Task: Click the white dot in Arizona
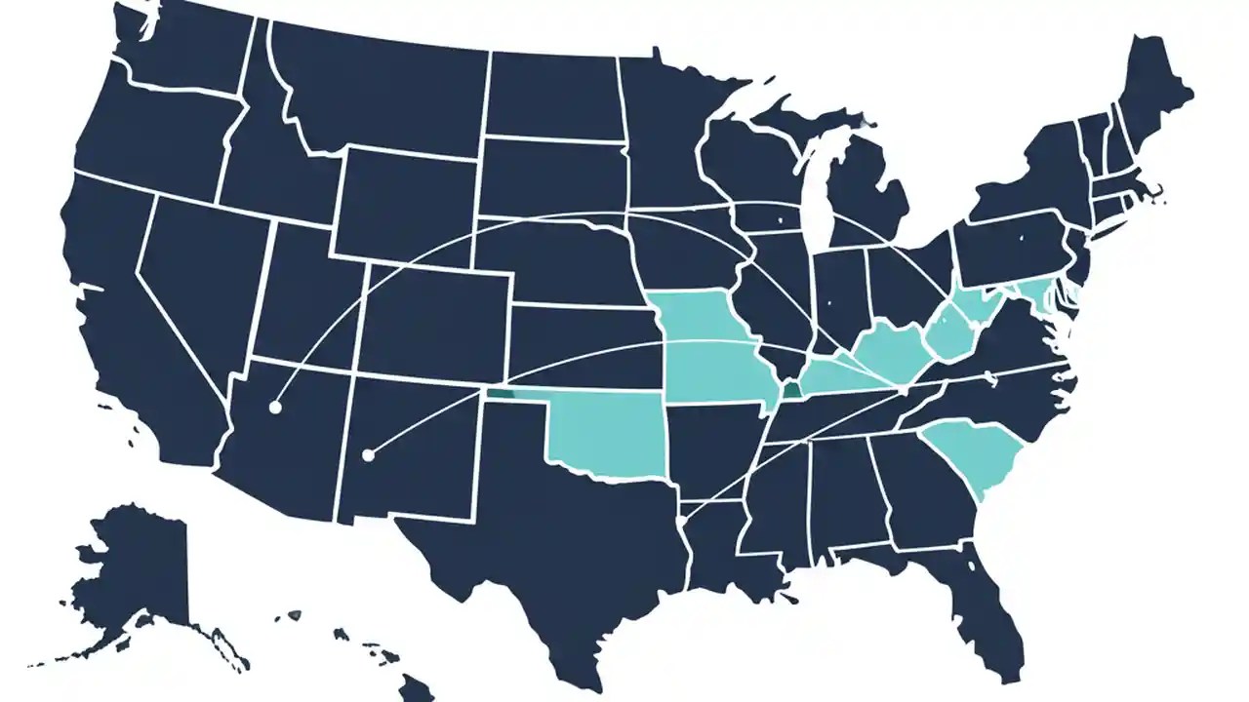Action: coord(275,408)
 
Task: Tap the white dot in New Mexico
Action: coord(368,454)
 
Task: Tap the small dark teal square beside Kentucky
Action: coord(789,390)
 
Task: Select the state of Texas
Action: coord(546,546)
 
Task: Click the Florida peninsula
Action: coord(986,604)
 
